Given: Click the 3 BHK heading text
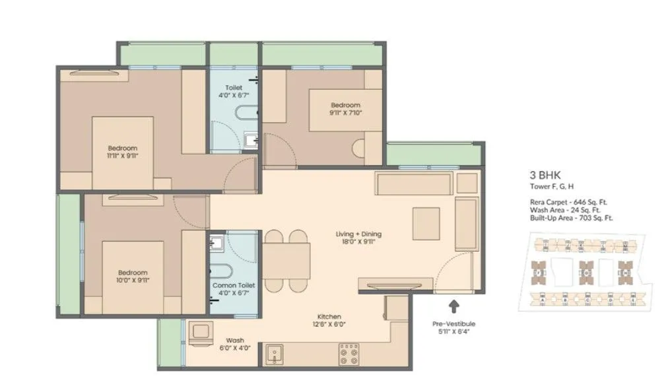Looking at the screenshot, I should point(543,176).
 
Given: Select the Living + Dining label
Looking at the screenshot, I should point(358,234).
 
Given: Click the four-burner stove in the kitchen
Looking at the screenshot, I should point(349,355).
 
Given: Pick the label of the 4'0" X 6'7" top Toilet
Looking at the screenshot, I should point(233,95).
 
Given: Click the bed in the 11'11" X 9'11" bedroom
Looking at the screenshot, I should point(123,152).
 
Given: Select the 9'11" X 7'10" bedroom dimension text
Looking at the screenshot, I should point(346,113).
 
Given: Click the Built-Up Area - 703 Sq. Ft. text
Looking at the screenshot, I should point(571,217).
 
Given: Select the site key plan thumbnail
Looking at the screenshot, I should point(585,269).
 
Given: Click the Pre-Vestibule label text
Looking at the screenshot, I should point(453,324).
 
